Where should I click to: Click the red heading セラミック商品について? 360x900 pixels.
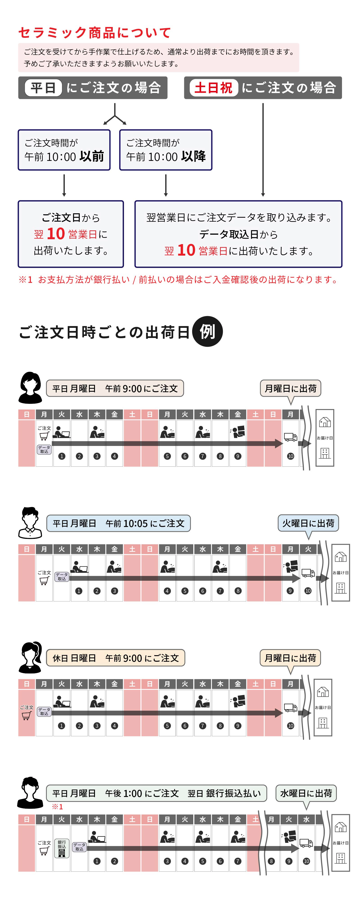point(94,32)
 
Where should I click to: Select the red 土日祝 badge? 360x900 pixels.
point(213,88)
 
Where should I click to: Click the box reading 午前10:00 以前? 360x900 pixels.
point(64,150)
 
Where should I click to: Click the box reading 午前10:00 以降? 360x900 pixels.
point(166,150)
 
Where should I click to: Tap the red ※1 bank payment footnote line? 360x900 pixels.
point(178,279)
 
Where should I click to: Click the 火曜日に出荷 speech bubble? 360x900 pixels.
point(308,523)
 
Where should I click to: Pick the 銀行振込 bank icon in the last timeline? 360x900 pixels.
point(61,848)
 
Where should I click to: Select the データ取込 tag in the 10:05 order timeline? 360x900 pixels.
point(61,576)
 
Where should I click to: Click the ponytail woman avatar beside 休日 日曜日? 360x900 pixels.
point(30,657)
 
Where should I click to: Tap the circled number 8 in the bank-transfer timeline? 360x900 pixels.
point(271,861)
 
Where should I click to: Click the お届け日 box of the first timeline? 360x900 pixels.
point(325,438)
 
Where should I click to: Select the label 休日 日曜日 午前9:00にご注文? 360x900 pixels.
point(115,658)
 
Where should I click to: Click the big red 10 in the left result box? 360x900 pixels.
point(56,233)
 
